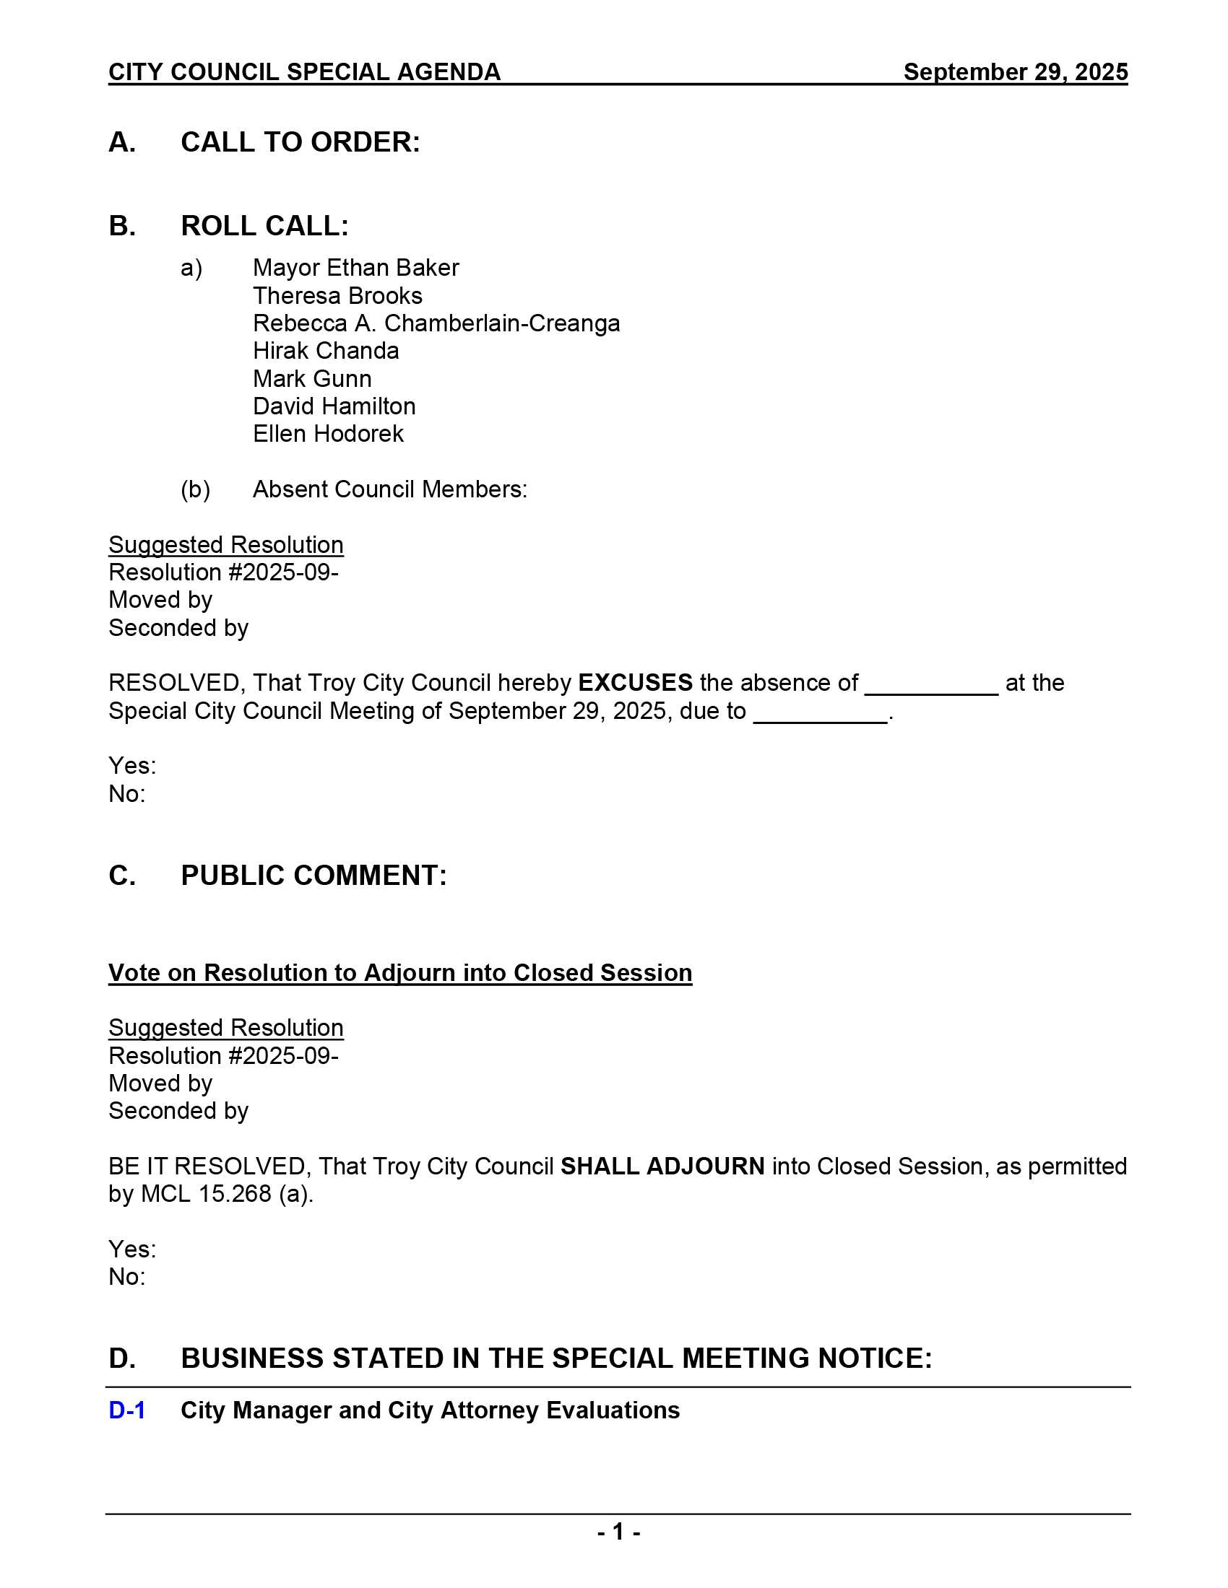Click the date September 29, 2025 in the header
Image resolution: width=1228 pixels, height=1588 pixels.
tap(1015, 72)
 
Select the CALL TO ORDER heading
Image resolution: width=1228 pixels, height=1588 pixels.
tap(300, 142)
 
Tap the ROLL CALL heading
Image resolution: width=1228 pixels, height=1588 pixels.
tap(264, 226)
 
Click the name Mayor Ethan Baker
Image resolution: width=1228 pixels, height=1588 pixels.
tap(355, 269)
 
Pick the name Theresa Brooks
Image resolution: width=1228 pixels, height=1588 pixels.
tap(337, 296)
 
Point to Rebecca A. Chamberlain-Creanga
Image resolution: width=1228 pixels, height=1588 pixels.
tap(436, 323)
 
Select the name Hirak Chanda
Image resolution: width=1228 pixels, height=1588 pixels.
tap(326, 352)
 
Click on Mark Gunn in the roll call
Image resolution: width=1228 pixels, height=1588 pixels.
tap(312, 379)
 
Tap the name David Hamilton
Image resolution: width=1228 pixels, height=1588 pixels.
tap(334, 406)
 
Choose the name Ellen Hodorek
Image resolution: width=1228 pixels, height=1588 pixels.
tap(328, 434)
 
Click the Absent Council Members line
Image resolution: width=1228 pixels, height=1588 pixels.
tap(389, 489)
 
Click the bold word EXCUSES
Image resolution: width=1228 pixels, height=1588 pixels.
tap(635, 683)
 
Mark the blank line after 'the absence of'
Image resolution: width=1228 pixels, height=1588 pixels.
tap(931, 689)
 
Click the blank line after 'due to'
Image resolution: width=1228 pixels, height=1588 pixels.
tap(820, 717)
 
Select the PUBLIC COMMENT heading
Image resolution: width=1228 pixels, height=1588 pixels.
tap(314, 876)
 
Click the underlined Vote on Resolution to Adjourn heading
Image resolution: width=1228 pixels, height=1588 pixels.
tap(400, 973)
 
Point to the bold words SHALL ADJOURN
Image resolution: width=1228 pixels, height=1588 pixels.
tap(662, 1166)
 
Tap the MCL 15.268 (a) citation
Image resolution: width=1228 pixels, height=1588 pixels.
tap(226, 1194)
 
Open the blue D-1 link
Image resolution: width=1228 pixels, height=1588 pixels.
tap(126, 1410)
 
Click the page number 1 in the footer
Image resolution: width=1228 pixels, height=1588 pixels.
tap(618, 1532)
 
